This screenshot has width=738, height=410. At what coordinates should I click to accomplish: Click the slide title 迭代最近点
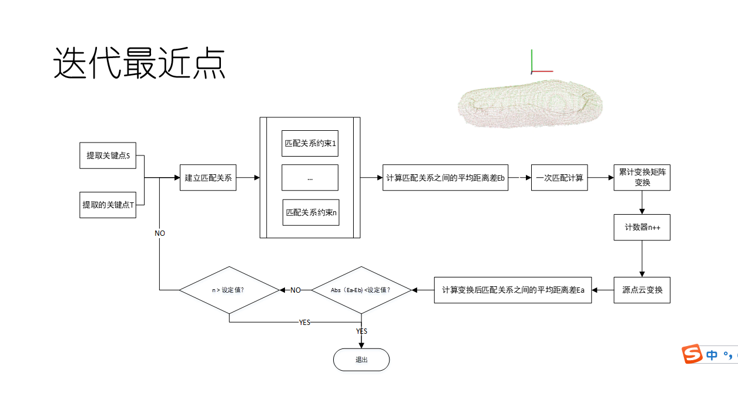click(139, 63)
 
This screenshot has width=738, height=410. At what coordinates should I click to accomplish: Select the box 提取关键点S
click(108, 155)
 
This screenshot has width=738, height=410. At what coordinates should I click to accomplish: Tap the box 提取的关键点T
click(108, 205)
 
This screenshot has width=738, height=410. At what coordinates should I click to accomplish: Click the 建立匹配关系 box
click(208, 177)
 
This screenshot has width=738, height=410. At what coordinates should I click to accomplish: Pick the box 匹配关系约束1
click(310, 144)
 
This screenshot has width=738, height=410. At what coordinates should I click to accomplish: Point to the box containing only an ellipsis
click(310, 178)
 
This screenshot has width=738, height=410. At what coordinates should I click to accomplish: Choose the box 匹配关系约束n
click(311, 212)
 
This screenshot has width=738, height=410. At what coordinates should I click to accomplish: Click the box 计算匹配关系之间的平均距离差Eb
click(445, 178)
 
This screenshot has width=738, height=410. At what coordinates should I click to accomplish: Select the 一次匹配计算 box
click(559, 178)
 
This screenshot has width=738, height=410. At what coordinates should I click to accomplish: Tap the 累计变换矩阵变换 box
click(642, 177)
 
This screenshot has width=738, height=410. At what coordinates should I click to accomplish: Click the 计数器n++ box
click(642, 227)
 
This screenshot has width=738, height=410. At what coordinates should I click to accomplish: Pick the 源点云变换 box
click(642, 290)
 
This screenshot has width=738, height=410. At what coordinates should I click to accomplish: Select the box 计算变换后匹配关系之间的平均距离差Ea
click(512, 290)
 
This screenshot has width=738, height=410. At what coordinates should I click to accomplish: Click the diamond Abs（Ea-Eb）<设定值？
click(361, 290)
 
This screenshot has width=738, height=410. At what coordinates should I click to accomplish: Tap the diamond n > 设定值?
click(229, 290)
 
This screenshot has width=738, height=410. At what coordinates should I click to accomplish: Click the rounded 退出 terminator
click(361, 360)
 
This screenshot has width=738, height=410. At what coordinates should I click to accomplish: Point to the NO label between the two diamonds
click(295, 290)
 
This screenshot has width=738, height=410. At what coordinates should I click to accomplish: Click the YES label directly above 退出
click(361, 331)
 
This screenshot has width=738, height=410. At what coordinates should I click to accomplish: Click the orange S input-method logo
click(692, 354)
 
